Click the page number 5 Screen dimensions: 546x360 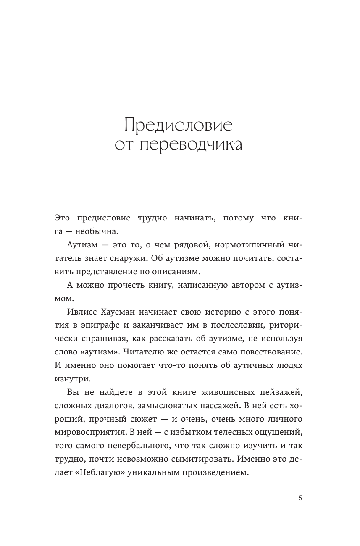tap(300, 498)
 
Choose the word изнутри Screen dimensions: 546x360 tap(72, 378)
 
